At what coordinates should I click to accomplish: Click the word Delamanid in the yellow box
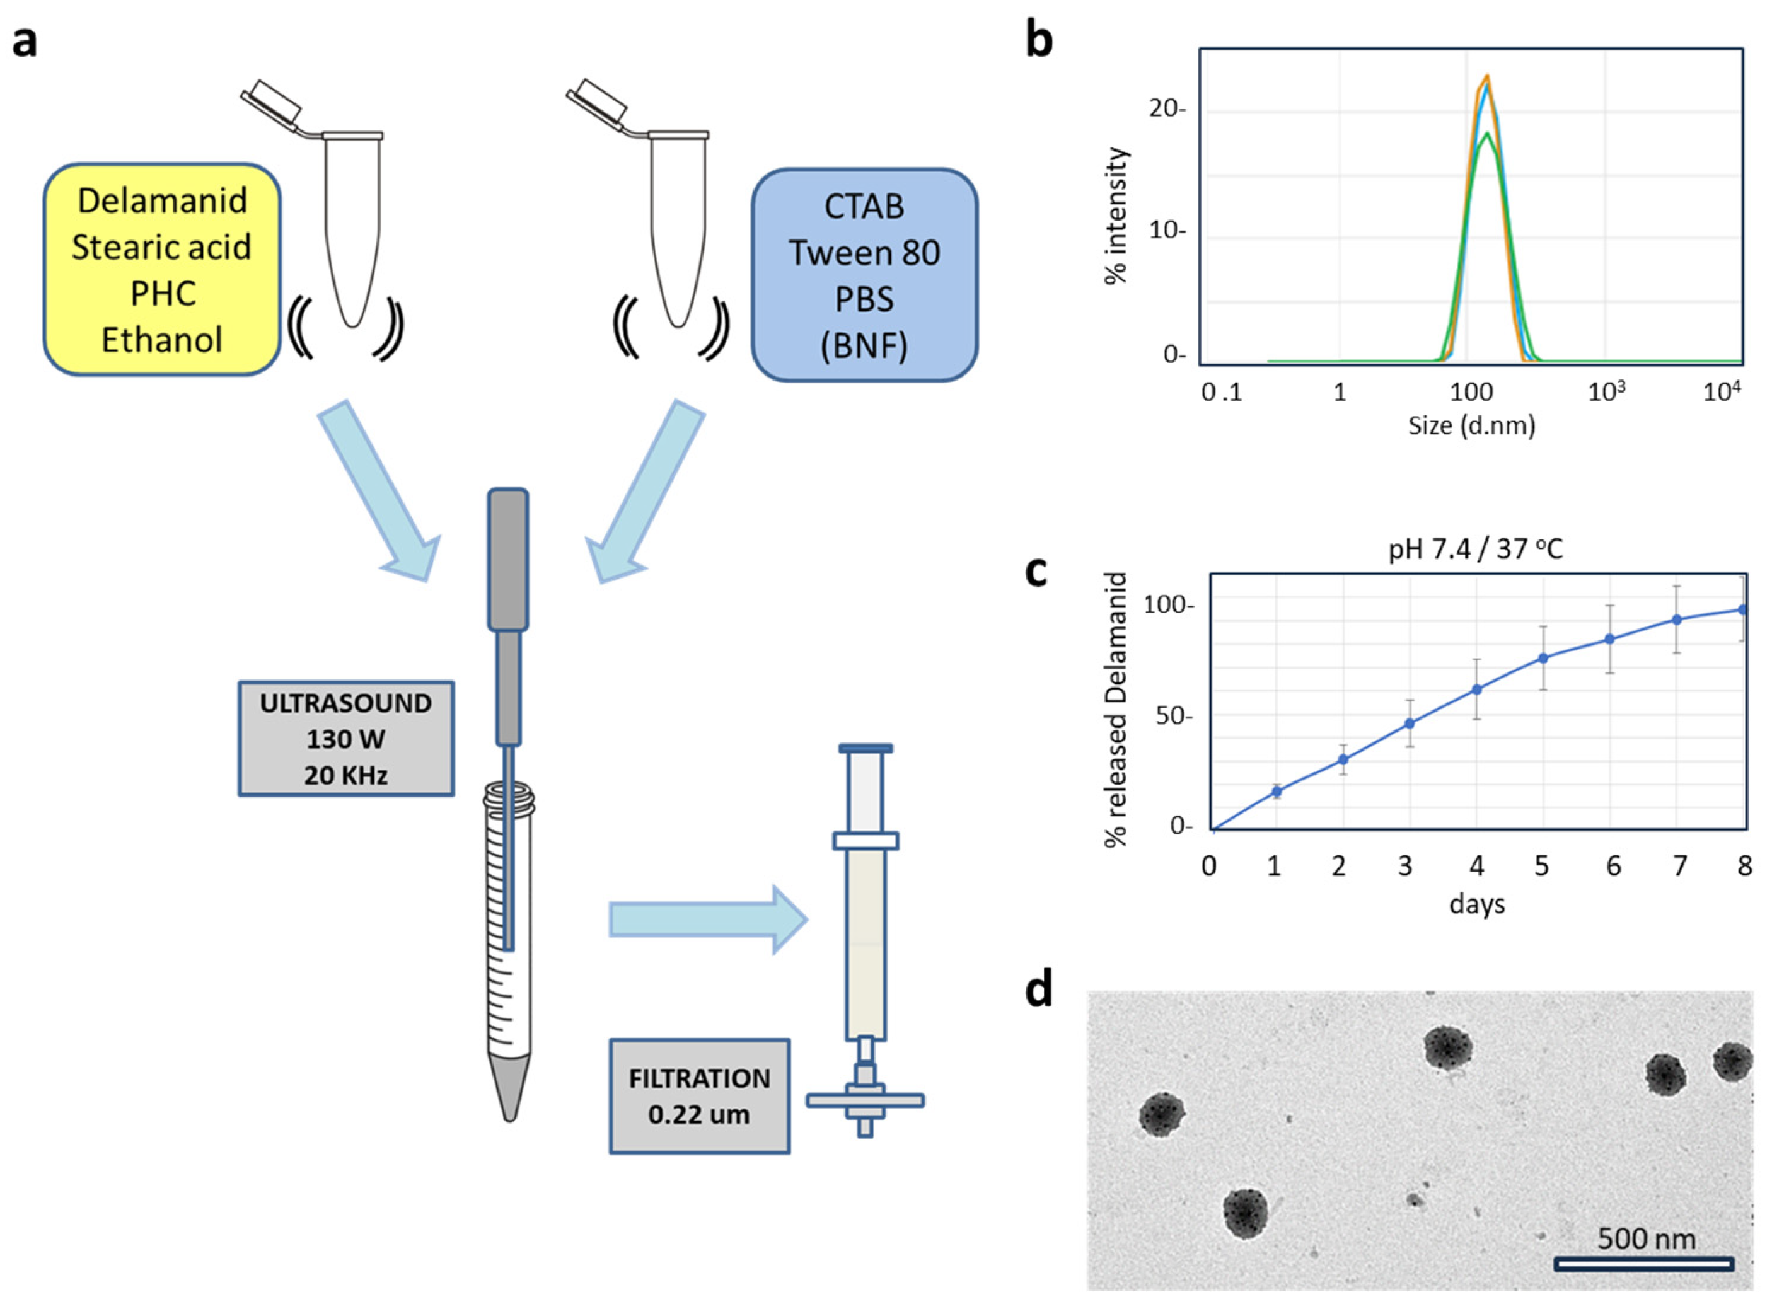tap(161, 200)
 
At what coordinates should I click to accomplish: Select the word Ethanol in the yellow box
tap(161, 340)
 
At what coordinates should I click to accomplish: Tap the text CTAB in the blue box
tap(864, 207)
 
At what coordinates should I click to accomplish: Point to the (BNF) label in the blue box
tap(864, 346)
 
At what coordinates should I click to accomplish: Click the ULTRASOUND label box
tap(345, 739)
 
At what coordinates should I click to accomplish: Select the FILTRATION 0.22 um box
tap(699, 1096)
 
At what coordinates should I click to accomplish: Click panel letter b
tap(1039, 40)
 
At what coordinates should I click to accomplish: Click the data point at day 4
tap(1476, 689)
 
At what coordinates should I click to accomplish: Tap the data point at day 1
tap(1277, 792)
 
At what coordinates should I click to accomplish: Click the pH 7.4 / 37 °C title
tap(1476, 549)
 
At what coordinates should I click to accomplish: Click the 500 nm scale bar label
tap(1646, 1238)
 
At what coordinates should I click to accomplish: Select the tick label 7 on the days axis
tap(1679, 867)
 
